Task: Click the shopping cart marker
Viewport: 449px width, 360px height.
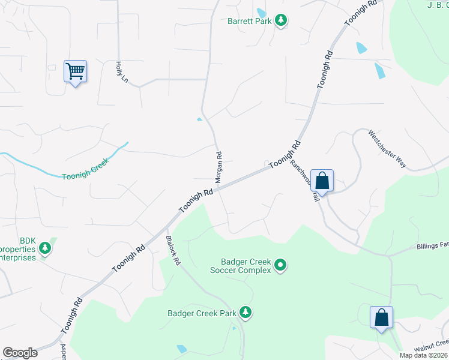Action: [76, 72]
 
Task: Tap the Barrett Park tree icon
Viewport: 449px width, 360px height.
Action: [280, 21]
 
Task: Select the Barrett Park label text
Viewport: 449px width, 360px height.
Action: [249, 21]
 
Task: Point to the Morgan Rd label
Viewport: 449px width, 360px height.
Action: [218, 167]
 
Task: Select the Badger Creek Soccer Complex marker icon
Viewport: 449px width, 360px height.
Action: [280, 265]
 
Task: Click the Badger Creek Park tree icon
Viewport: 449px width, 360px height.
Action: [245, 312]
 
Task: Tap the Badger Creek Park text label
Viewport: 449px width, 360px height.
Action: [201, 313]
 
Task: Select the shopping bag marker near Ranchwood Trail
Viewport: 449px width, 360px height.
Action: [322, 181]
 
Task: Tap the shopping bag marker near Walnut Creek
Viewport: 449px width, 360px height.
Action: [382, 317]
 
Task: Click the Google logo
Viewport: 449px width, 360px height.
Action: [20, 353]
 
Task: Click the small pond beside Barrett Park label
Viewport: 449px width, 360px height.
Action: [261, 13]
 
